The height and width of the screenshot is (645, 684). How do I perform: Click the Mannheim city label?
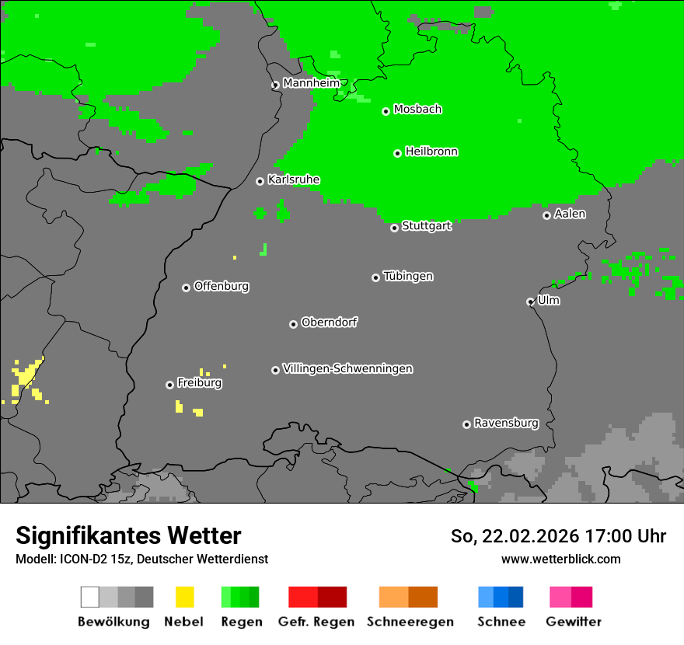(x=311, y=83)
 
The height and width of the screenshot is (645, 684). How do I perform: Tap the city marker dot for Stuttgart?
(x=394, y=228)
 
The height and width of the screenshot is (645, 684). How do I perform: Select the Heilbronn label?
(x=431, y=152)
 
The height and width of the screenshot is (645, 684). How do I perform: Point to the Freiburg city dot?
(x=169, y=385)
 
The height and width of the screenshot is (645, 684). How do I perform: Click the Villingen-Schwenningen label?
(x=347, y=368)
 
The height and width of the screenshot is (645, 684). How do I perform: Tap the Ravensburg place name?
(x=506, y=423)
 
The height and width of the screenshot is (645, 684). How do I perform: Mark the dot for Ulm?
(x=530, y=302)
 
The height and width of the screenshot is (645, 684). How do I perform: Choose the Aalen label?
(x=570, y=214)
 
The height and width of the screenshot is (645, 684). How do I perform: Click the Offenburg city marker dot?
(x=186, y=288)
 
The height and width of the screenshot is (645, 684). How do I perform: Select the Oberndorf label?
(x=329, y=322)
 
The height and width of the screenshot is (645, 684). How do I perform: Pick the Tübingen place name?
(x=408, y=276)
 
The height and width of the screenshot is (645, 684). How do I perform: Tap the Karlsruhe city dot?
(x=260, y=181)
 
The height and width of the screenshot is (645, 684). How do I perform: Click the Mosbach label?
(x=417, y=110)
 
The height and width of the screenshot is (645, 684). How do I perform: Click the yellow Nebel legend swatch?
(x=184, y=597)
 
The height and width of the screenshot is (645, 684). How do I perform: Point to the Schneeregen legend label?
(x=410, y=622)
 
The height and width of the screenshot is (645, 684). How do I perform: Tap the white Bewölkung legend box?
(x=90, y=597)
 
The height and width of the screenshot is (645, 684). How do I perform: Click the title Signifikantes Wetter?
(x=128, y=535)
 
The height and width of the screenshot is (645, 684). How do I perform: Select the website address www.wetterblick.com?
(x=560, y=559)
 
